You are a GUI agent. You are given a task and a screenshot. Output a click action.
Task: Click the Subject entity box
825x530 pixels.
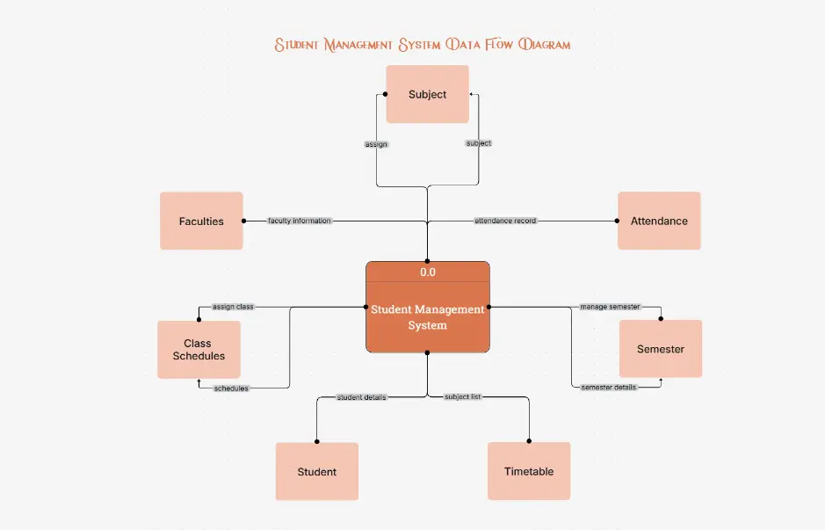428,94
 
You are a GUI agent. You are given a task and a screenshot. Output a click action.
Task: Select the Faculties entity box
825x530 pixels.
201,221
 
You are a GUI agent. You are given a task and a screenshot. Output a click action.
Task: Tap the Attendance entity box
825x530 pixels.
659,221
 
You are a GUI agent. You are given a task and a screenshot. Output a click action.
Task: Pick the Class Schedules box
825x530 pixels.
199,349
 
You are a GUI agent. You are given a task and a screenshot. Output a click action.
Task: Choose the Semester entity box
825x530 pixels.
660,349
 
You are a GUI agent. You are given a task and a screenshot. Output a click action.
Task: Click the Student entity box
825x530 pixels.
317,471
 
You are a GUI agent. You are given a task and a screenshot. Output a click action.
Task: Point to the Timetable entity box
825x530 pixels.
529,471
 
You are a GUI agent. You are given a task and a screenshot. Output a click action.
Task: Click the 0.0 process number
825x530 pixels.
428,272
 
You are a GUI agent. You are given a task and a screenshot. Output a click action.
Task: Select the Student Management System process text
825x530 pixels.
428,317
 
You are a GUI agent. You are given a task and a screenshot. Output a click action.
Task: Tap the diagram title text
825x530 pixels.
423,44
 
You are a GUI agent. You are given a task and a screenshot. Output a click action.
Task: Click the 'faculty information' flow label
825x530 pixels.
300,221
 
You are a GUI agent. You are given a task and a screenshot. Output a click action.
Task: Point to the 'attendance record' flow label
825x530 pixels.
505,221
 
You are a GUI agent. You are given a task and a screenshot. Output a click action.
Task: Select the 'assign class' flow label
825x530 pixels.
233,307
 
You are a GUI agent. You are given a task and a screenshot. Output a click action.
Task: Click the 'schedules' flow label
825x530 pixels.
231,388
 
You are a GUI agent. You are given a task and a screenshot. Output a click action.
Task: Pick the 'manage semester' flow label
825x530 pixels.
610,307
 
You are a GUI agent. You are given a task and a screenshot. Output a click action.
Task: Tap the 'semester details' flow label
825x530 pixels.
609,388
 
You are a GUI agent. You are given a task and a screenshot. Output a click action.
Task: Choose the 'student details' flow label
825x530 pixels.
362,397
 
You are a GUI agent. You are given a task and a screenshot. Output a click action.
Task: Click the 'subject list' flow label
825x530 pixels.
462,397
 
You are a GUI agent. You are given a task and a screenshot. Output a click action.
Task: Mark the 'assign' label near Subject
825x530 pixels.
376,143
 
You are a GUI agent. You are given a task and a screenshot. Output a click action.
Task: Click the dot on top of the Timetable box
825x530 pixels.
529,442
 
